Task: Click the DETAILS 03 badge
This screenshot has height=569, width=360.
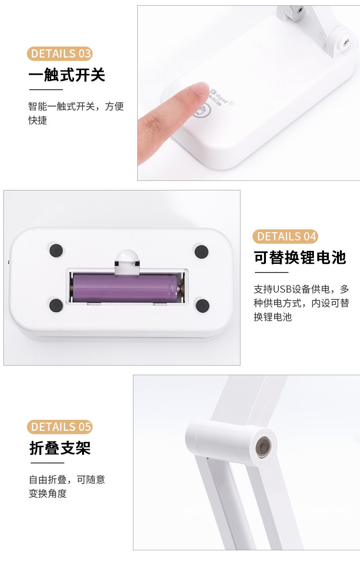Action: pyautogui.click(x=60, y=53)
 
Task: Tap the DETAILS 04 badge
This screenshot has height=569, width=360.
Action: pyautogui.click(x=285, y=236)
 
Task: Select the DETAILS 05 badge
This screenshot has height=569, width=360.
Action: pyautogui.click(x=60, y=427)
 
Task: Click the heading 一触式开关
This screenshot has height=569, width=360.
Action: pyautogui.click(x=67, y=75)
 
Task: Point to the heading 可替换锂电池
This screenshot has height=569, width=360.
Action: pyautogui.click(x=300, y=258)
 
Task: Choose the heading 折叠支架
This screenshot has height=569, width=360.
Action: pyautogui.click(x=60, y=448)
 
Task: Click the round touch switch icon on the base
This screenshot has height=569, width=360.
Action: pyautogui.click(x=202, y=110)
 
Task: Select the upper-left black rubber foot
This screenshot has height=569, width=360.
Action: pyautogui.click(x=57, y=249)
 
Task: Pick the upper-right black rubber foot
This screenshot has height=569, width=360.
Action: pyautogui.click(x=201, y=250)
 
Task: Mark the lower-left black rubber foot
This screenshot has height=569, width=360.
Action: pyautogui.click(x=56, y=304)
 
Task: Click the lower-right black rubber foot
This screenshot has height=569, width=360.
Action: pyautogui.click(x=203, y=305)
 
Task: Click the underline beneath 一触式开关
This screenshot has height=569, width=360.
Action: pyautogui.click(x=46, y=90)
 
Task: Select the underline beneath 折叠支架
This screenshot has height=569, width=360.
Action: pyautogui.click(x=48, y=463)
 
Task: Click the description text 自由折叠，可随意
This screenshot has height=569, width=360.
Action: pyautogui.click(x=67, y=479)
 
